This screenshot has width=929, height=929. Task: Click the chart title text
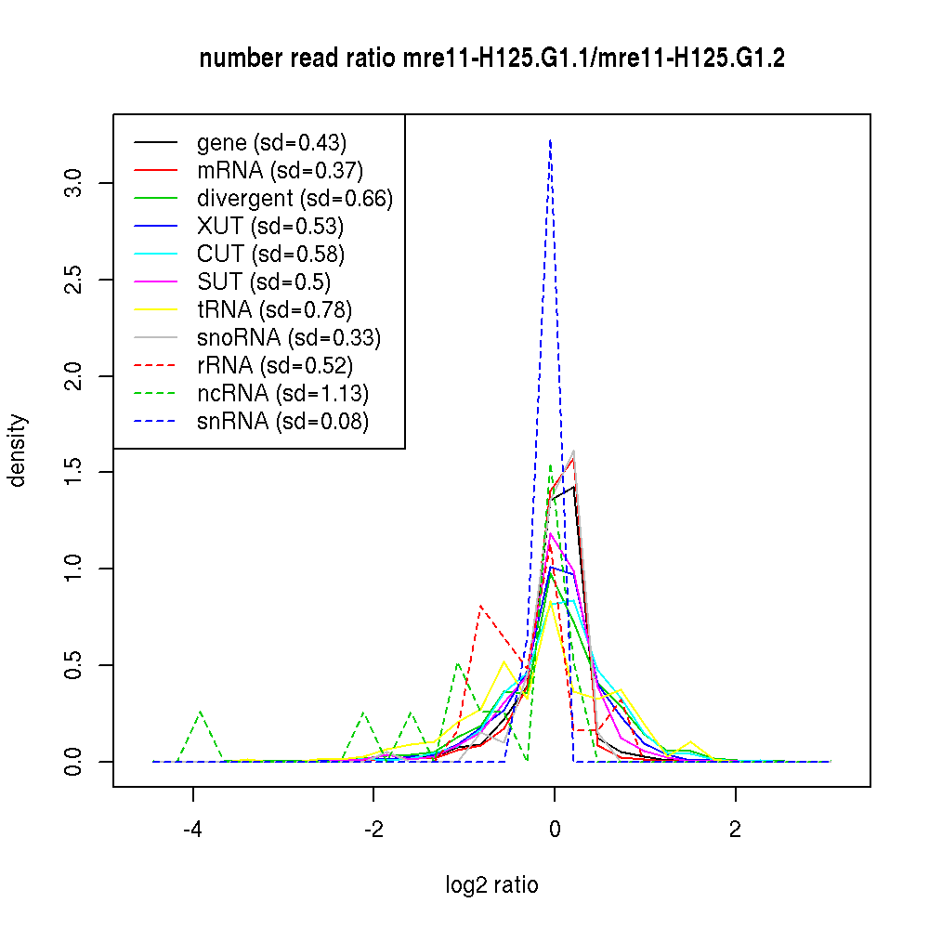(x=491, y=59)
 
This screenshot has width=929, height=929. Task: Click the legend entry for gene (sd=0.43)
(x=271, y=142)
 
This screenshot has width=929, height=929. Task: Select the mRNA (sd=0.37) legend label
(x=280, y=170)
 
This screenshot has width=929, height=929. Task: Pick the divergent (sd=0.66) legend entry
(x=294, y=198)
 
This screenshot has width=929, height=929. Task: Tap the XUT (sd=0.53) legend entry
(x=270, y=226)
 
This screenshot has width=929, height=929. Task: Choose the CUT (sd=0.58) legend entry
(x=270, y=254)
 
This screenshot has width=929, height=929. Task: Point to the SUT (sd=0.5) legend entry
(x=264, y=281)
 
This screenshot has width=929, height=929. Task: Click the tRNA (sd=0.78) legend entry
(x=274, y=309)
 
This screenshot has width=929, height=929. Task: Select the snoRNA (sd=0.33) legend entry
(x=289, y=337)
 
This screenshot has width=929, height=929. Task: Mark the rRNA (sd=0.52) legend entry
(x=275, y=365)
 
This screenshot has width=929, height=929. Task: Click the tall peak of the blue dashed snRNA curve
(x=551, y=140)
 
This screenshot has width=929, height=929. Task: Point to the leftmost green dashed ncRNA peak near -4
(x=201, y=712)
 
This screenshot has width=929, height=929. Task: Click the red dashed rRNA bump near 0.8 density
(x=480, y=607)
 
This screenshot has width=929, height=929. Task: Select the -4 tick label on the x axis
(x=193, y=830)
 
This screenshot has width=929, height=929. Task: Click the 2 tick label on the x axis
(x=735, y=830)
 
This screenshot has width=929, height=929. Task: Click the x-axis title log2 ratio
(x=491, y=885)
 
